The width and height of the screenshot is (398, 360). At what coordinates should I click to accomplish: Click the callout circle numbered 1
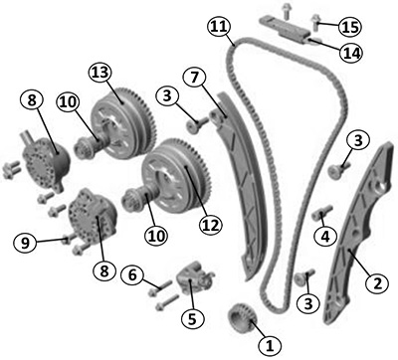coord(270,346)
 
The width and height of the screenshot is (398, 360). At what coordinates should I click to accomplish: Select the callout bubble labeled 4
coord(325,237)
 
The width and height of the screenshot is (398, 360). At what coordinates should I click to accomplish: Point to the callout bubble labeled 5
coord(193,318)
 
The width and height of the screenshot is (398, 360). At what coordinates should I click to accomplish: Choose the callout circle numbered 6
coord(132,274)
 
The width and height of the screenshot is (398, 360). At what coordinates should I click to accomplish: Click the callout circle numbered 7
coord(195,77)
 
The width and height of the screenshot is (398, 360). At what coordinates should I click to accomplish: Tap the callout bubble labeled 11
coord(219,27)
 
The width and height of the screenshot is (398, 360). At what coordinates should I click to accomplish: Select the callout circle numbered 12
coord(211,225)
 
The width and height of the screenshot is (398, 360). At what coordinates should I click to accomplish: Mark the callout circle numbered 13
coord(100,73)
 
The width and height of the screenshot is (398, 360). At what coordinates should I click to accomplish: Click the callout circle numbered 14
coord(351,53)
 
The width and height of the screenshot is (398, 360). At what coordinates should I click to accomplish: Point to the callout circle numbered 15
coord(350,26)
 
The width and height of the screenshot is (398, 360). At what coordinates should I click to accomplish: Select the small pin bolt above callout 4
coord(322,213)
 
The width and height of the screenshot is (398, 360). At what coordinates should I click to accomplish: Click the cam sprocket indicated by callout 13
coord(122,122)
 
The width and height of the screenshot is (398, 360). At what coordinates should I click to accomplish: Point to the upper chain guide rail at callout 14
coord(286,30)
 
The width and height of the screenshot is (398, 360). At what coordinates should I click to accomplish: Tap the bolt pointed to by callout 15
coord(314,24)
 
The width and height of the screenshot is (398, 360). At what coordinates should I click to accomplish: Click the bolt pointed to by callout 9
coord(69,238)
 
